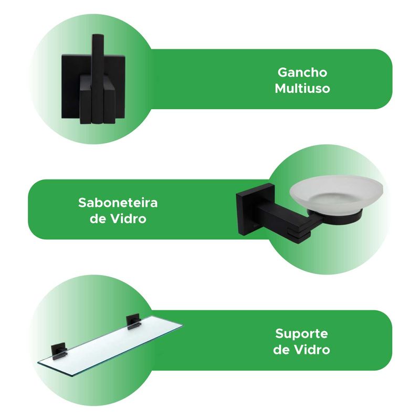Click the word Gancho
(302, 73)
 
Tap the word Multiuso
(302, 89)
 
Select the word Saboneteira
(118, 203)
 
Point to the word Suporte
(301, 334)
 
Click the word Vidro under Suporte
(312, 350)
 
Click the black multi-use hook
(93, 79)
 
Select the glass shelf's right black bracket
(133, 322)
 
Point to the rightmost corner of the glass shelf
(183, 325)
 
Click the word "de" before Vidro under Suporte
(281, 350)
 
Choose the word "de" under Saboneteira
(98, 219)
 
